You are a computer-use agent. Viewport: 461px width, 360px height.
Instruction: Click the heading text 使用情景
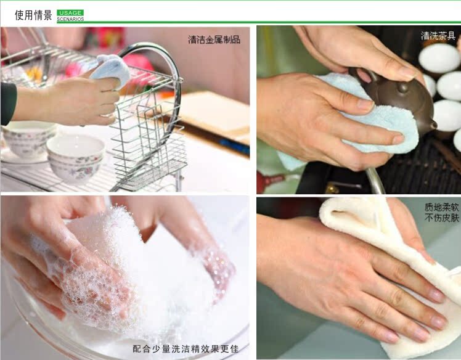click(x=33, y=15)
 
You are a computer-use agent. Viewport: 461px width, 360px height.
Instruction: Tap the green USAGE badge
click(x=70, y=13)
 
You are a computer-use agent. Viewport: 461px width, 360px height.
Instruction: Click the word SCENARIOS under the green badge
click(x=70, y=19)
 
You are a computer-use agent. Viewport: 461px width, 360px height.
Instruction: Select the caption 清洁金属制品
click(x=214, y=39)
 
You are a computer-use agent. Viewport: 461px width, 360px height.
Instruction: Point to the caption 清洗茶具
click(x=438, y=36)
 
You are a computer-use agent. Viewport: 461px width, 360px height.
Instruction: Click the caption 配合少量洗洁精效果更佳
click(x=186, y=349)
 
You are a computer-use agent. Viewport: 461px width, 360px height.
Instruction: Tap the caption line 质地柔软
click(x=442, y=207)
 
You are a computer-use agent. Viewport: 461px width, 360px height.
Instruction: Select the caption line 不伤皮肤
click(x=442, y=218)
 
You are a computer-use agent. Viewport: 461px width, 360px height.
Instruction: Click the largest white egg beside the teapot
click(x=439, y=58)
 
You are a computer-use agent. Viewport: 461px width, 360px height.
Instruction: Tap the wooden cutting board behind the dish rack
click(x=211, y=113)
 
